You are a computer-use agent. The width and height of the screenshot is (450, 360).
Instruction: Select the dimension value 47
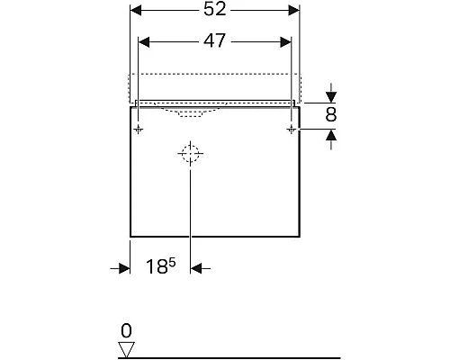[214, 41]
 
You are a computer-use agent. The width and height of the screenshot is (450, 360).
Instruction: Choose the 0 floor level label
[127, 329]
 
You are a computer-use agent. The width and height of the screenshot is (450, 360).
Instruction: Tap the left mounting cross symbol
[139, 130]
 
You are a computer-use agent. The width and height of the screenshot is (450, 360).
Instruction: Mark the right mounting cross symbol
[291, 130]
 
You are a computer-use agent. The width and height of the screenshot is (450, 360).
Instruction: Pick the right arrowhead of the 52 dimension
[293, 10]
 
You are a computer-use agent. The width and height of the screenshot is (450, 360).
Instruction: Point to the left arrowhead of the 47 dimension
[143, 41]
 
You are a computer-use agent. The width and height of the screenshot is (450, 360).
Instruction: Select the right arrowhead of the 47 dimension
[286, 41]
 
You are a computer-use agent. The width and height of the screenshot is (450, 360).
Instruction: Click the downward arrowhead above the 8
[332, 95]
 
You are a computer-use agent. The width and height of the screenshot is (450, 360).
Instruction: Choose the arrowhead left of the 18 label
[125, 267]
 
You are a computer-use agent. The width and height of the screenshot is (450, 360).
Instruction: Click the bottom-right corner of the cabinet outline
[299, 235]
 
